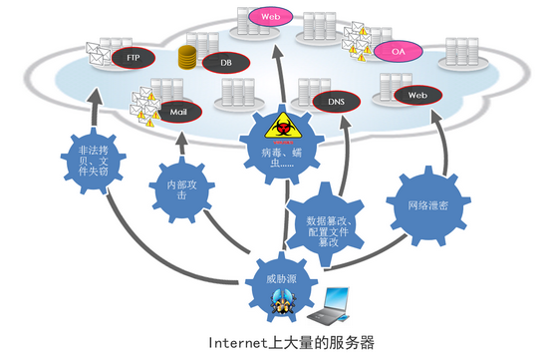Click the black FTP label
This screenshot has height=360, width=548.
coord(133,59)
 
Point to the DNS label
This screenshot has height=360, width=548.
coord(336,102)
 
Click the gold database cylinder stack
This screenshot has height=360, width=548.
coord(185,57)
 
